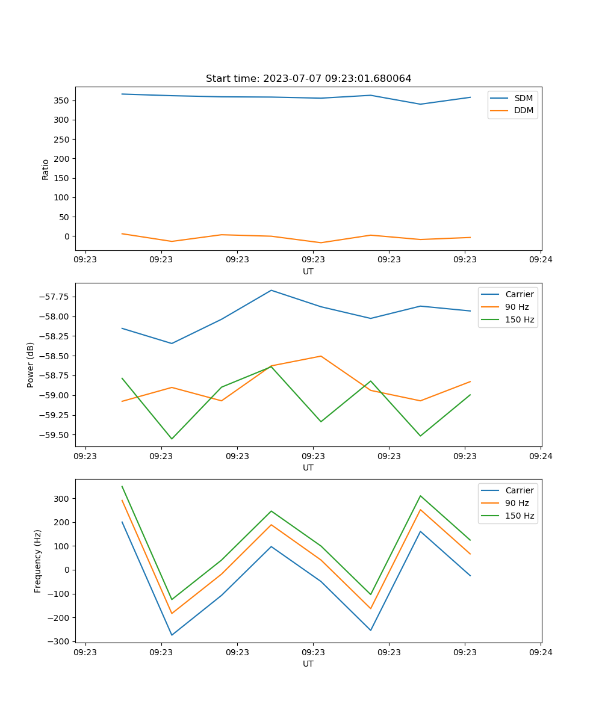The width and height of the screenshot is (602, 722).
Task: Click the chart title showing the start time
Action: pyautogui.click(x=308, y=79)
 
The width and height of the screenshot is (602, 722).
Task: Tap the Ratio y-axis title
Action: pyautogui.click(x=46, y=169)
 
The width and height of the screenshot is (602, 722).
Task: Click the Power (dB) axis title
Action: pyautogui.click(x=31, y=365)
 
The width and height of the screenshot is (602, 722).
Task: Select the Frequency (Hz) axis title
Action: pyautogui.click(x=38, y=561)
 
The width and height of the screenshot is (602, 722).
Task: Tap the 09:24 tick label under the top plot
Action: pyautogui.click(x=541, y=259)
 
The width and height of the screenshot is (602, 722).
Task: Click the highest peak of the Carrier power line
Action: pyautogui.click(x=272, y=290)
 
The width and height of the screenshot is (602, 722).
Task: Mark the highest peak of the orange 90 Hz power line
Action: pyautogui.click(x=321, y=356)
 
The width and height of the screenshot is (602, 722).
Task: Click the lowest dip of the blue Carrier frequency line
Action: pyautogui.click(x=172, y=635)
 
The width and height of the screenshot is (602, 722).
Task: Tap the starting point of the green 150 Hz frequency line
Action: pyautogui.click(x=122, y=487)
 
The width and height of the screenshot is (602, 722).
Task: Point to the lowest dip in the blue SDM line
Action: pyautogui.click(x=420, y=104)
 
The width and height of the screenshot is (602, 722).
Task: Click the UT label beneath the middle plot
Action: pyautogui.click(x=308, y=467)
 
